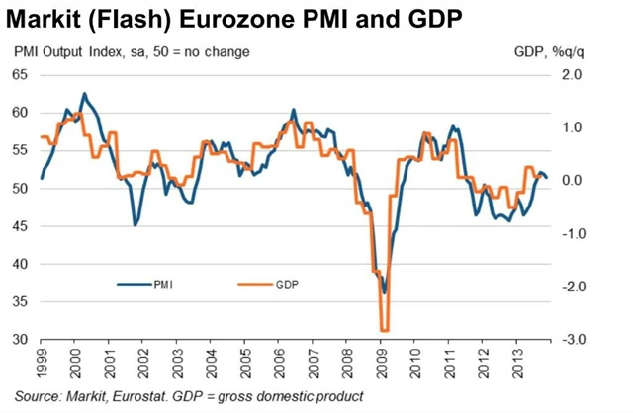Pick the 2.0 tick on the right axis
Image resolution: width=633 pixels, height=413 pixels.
point(575,75)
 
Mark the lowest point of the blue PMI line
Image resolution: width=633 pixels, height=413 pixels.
point(384,292)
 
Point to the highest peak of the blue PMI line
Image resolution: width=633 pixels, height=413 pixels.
point(84,94)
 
